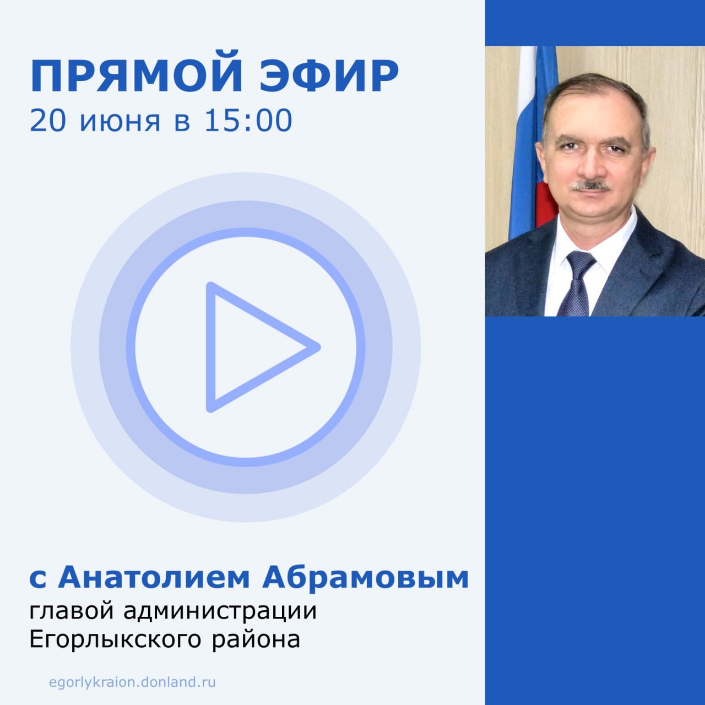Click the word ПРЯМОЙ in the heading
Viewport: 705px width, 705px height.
(x=136, y=76)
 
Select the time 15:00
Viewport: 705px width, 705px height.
(x=248, y=120)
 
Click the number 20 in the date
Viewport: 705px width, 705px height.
(x=48, y=120)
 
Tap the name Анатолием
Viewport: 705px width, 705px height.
(x=154, y=578)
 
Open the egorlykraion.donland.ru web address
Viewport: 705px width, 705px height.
(x=132, y=682)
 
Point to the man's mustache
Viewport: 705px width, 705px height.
(x=590, y=186)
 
